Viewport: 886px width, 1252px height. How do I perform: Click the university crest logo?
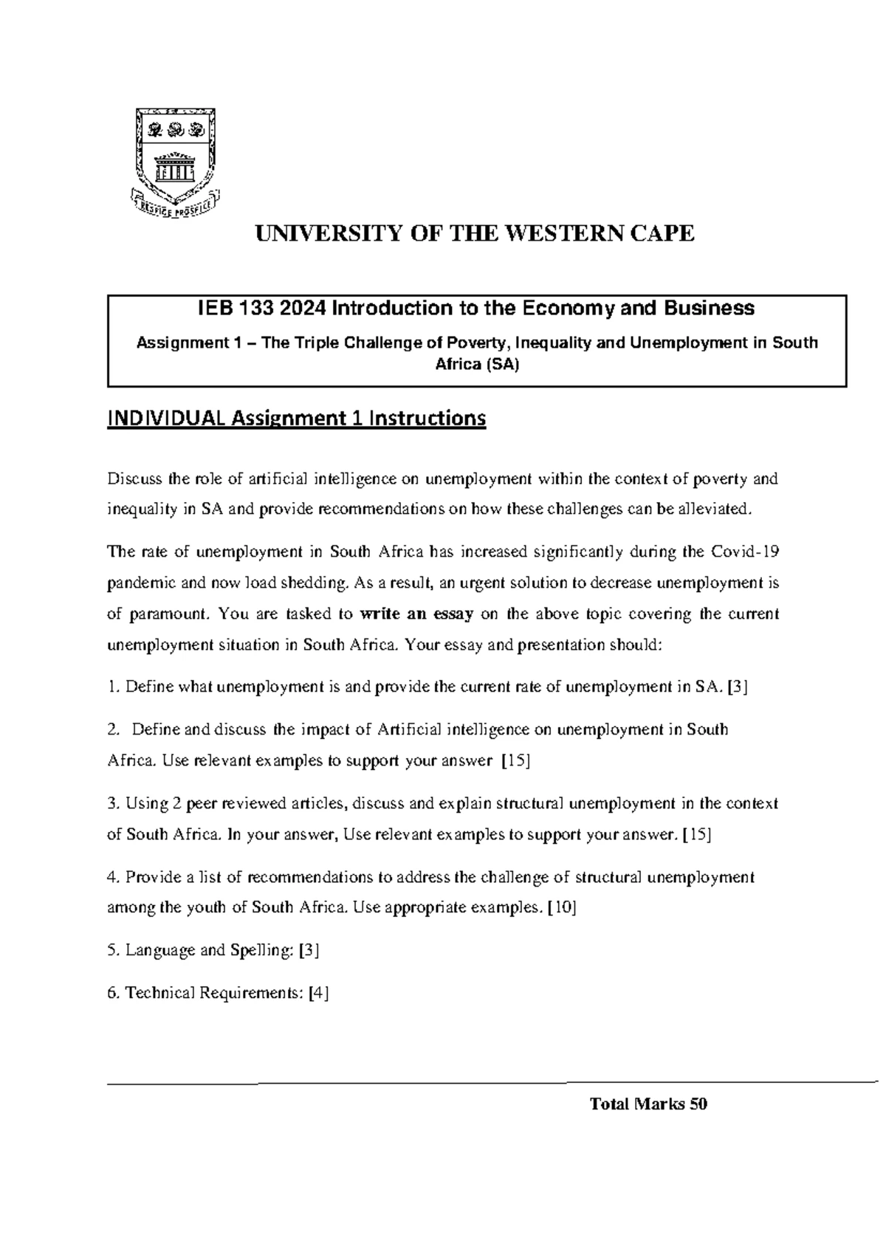(174, 163)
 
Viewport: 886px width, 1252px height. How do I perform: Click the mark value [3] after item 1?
(738, 687)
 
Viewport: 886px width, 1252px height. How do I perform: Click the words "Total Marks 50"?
(648, 1104)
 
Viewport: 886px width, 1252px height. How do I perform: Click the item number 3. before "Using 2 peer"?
(113, 803)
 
